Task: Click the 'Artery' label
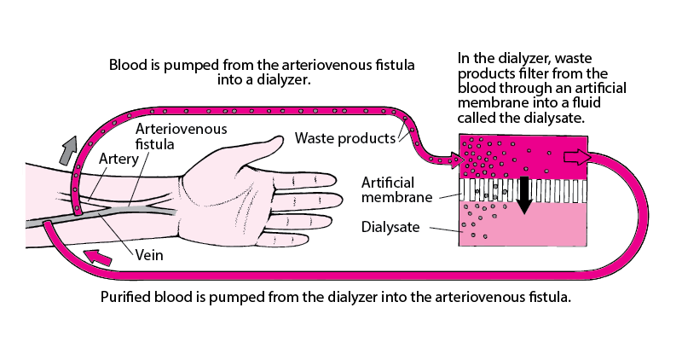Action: point(118,159)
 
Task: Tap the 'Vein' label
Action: point(149,255)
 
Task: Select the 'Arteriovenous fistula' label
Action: point(181,136)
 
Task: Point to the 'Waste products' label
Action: point(345,138)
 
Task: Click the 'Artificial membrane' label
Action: point(396,189)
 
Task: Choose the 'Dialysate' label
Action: point(390,227)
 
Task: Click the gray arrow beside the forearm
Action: point(68,150)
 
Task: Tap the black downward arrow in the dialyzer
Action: point(524,195)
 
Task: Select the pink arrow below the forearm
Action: point(98,257)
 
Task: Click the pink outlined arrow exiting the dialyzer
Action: point(577,158)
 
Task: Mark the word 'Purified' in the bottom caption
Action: point(124,298)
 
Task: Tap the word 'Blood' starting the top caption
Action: point(124,66)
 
